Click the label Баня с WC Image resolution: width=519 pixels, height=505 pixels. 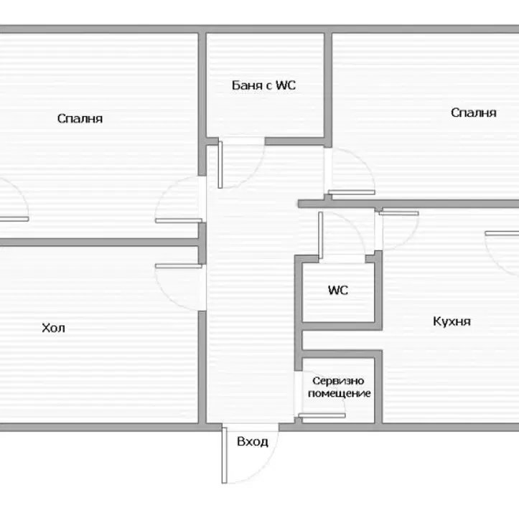263,85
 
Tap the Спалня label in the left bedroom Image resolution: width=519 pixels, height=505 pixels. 80,118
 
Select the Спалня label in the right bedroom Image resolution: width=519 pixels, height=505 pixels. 473,113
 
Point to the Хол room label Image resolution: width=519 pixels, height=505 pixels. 53,328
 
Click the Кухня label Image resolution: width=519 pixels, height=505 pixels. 452,321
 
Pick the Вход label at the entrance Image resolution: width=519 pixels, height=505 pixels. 252,442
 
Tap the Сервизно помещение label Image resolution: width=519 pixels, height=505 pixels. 339,387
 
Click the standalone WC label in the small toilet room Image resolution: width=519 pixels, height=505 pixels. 337,290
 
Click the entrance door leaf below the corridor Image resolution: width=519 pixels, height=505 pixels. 225,456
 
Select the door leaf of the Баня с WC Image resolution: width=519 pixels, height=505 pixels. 220,165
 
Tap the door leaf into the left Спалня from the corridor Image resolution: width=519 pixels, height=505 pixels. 179,221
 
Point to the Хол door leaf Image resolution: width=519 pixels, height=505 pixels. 179,266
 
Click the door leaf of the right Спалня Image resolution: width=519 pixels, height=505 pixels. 352,192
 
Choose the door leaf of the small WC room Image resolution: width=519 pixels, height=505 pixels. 320,235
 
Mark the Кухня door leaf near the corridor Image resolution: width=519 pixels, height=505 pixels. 399,213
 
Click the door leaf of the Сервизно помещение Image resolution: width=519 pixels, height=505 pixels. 322,415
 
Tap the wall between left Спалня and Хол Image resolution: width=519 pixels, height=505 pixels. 99,242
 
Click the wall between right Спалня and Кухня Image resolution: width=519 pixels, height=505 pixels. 408,204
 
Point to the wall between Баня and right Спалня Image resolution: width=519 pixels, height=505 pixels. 328,89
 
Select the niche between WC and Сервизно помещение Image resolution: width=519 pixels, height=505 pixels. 338,339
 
